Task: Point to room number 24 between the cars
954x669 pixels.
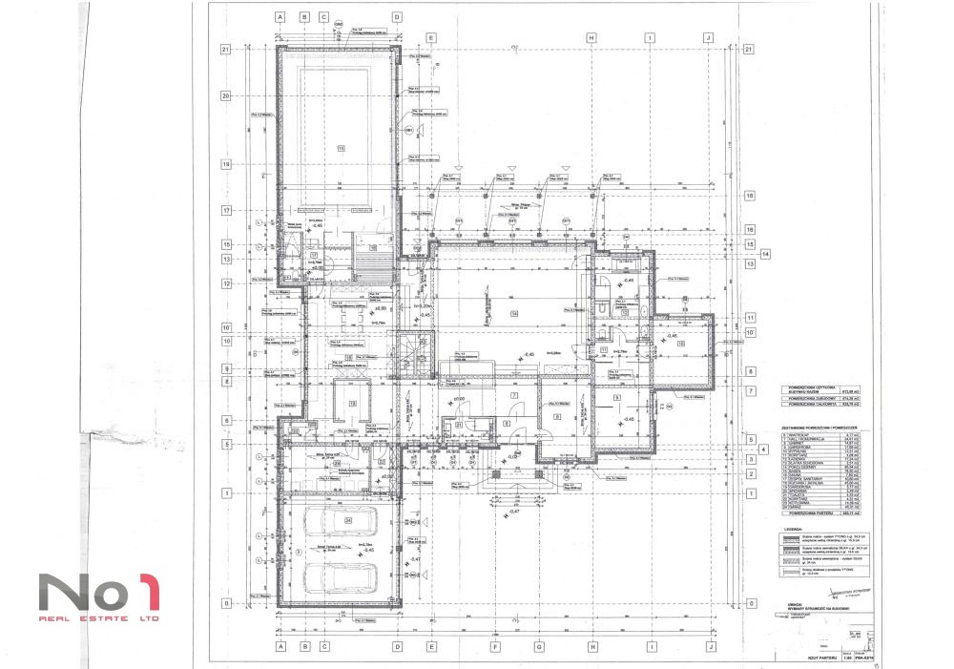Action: point(349,546)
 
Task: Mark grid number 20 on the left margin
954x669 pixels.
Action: point(227,95)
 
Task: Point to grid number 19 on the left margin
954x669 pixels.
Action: point(227,164)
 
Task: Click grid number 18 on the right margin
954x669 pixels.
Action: point(750,196)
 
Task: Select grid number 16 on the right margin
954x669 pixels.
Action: point(750,229)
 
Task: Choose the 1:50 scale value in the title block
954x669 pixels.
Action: point(844,659)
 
